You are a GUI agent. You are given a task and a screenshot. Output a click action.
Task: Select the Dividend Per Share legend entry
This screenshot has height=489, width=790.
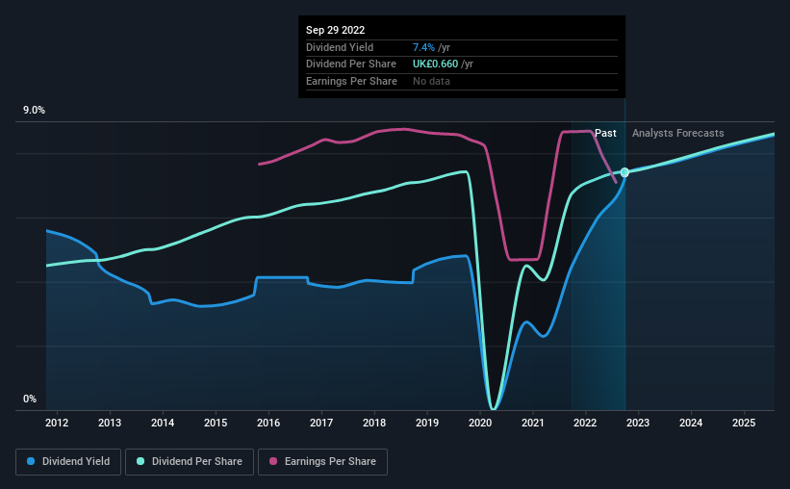coord(195,462)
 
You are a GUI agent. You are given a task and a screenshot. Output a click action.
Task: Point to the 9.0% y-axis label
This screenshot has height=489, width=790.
coord(34,111)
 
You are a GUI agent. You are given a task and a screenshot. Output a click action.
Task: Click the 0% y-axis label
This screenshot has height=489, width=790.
coord(29,399)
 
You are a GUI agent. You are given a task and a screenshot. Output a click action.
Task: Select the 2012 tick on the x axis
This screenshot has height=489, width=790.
coord(57,423)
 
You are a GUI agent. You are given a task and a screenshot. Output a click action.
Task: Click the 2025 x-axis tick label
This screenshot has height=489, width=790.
coord(744,423)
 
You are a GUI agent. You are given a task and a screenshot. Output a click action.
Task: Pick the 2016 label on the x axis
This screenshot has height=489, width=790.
coord(268,423)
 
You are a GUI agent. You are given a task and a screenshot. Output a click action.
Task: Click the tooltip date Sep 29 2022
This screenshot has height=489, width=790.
coord(336,30)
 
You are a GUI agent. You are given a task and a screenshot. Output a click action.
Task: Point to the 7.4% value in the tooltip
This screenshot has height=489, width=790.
coord(424,47)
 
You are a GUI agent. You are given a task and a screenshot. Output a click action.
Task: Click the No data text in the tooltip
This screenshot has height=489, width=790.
coord(431,81)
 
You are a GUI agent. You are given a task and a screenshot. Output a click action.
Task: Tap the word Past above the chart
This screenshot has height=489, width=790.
coord(605,133)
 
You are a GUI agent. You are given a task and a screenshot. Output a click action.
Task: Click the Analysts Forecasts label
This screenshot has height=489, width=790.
coord(678,133)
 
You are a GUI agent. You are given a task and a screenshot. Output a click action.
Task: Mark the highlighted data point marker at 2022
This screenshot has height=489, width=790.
coord(624,172)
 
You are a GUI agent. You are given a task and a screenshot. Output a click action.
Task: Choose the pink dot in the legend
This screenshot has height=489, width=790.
coord(273,462)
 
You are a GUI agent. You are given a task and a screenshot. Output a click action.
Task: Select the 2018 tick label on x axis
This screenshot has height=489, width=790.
coord(374,423)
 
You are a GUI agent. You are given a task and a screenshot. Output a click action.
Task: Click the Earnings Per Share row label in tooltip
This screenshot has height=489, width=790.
coord(351,81)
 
